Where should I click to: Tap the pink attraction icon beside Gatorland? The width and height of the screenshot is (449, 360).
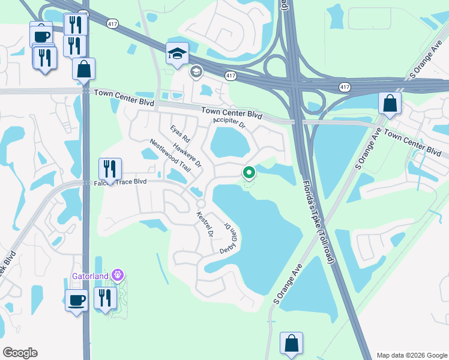click(x=118, y=275)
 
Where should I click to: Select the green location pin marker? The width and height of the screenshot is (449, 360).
click(x=249, y=173)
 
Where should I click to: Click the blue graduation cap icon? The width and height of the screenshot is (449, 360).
click(x=178, y=54)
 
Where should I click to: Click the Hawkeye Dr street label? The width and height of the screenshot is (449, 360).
click(x=187, y=155)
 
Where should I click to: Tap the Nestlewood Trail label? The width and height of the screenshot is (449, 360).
click(x=170, y=156)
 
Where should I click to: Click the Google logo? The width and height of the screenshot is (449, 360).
click(x=20, y=353)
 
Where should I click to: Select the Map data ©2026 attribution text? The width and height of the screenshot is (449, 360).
click(x=411, y=355)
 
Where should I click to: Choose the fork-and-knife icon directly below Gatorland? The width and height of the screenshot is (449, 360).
click(x=105, y=299)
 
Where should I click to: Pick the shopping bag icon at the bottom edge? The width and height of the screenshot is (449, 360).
click(x=291, y=344)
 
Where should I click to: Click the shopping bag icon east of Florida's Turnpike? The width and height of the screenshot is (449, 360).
click(x=390, y=103)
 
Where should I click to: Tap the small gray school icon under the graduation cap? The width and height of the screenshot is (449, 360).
click(x=196, y=73)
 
